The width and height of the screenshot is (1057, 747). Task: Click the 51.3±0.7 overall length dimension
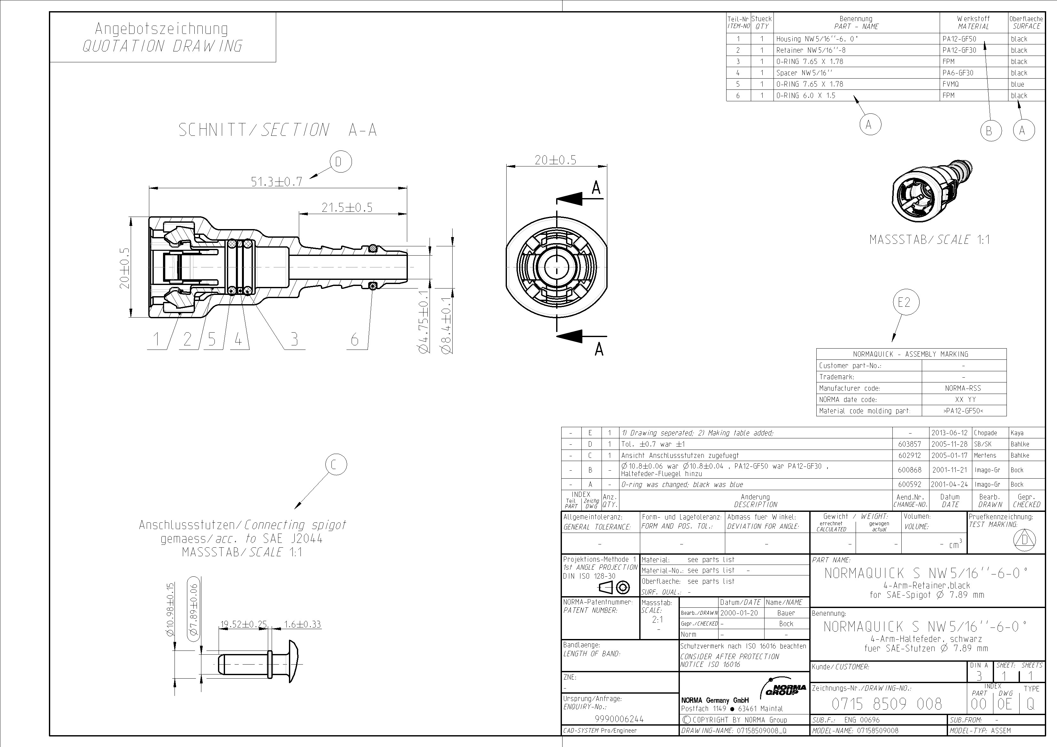tap(276, 182)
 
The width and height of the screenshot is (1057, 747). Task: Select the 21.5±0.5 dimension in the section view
tap(347, 208)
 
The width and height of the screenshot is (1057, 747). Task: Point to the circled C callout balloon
tap(336, 465)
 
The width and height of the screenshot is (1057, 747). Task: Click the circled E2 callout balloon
tap(905, 302)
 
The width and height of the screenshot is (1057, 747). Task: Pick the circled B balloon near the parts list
tap(989, 131)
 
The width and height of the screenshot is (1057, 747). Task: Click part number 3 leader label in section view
tap(294, 339)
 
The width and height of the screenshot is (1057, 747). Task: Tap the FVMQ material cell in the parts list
tap(951, 84)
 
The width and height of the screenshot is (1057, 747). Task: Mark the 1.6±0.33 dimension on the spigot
tap(302, 625)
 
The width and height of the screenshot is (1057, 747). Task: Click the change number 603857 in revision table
tap(910, 444)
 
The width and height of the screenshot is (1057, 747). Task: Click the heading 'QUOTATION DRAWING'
tap(162, 46)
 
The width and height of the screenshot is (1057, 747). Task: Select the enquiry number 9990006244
tap(619, 719)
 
